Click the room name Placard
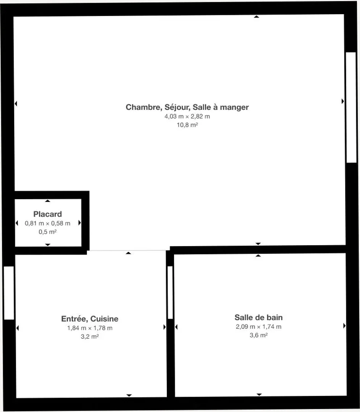pos(48,214)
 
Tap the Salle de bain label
pos(258,317)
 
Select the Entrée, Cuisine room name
pos(90,319)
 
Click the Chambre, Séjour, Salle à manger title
pos(187,107)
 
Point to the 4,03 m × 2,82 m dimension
pos(187,116)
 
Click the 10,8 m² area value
pos(187,125)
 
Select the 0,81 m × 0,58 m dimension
pos(48,223)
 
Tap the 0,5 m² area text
pos(48,232)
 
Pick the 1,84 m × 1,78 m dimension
pos(90,328)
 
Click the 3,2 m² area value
pos(90,336)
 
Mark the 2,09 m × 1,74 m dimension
pos(258,327)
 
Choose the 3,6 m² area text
pos(258,335)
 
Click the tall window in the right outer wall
pos(351,108)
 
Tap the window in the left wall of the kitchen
pos(9,293)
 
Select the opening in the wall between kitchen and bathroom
pos(170,293)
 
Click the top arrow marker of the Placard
pos(48,201)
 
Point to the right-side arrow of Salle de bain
pos(344,326)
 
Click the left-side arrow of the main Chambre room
pos(16,103)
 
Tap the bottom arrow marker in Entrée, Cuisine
pos(129,395)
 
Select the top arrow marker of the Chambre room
pos(257,17)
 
